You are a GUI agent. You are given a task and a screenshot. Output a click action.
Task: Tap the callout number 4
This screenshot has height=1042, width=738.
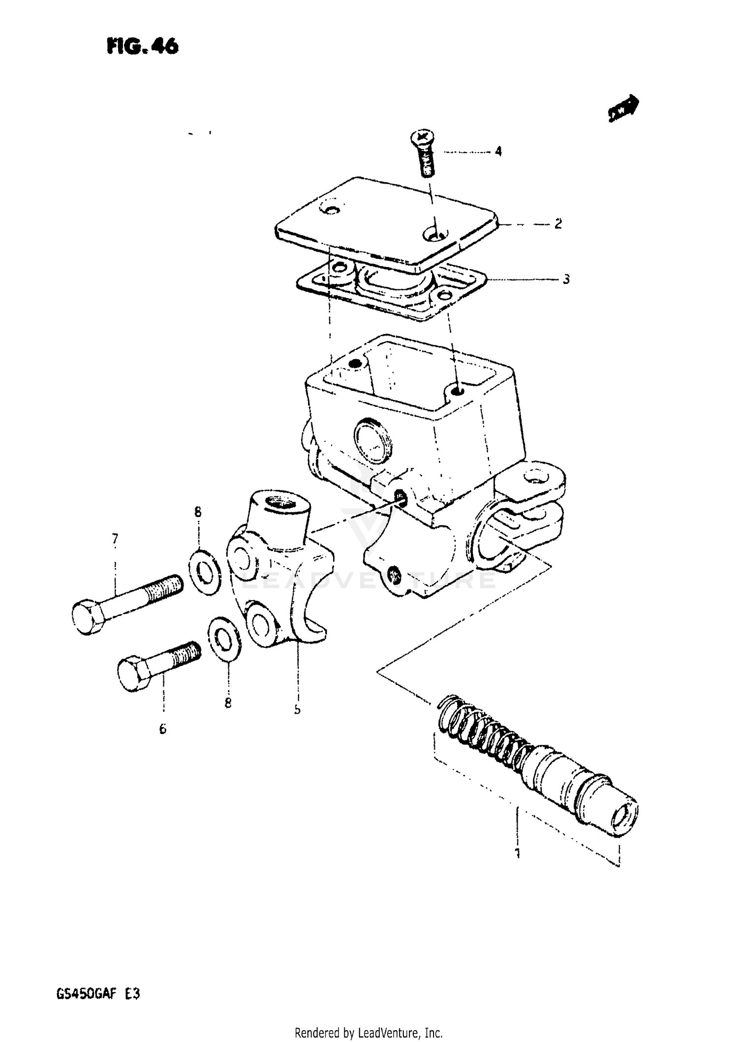point(498,152)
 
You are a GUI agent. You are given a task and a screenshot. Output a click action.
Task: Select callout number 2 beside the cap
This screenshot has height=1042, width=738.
point(558,224)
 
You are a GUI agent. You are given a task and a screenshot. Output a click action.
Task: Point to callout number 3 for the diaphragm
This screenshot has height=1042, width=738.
point(566,279)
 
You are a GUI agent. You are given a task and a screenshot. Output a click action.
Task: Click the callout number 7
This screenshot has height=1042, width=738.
point(115,539)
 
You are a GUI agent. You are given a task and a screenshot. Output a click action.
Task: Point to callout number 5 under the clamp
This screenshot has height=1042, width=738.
point(297,709)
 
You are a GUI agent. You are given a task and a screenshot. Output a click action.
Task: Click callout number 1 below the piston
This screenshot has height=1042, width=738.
point(517,852)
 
